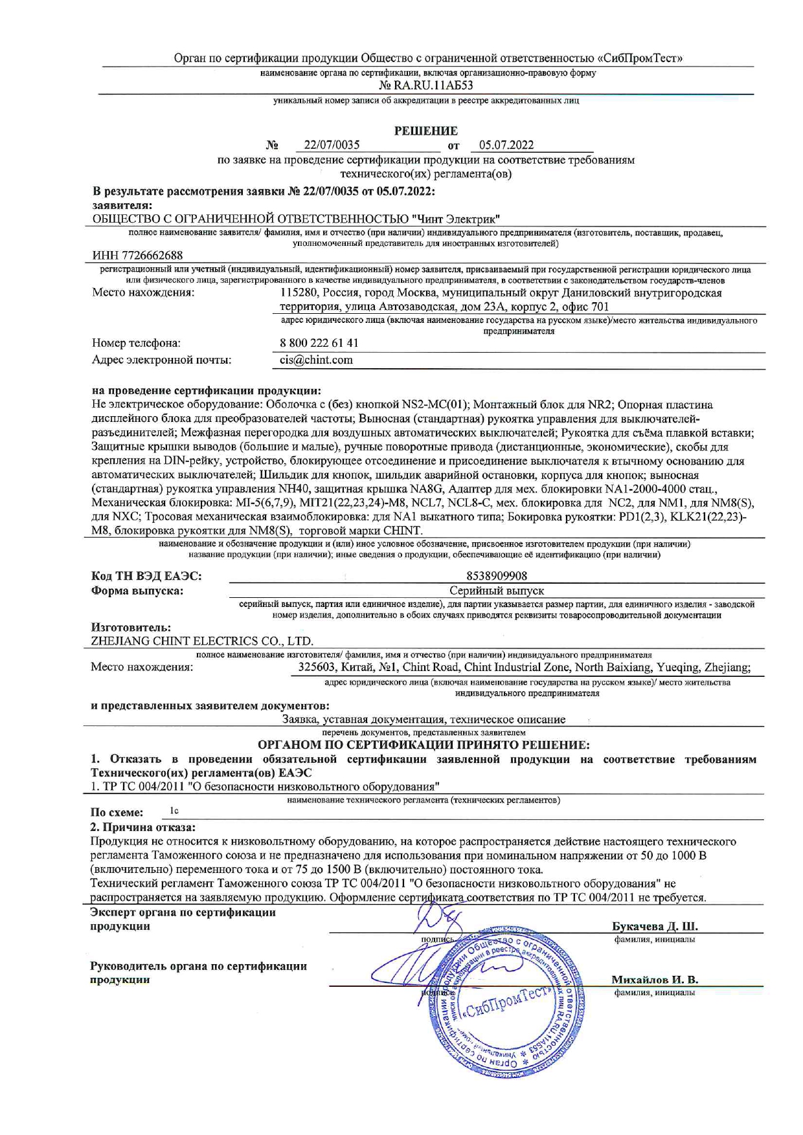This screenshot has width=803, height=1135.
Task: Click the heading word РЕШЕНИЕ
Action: pyautogui.click(x=425, y=131)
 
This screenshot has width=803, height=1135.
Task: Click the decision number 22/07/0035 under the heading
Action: pyautogui.click(x=332, y=145)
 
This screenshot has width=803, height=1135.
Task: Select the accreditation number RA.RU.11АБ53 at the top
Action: pyautogui.click(x=425, y=85)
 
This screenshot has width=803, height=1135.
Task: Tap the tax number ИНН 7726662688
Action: pyautogui.click(x=137, y=256)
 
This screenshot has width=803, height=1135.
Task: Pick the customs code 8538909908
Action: pyautogui.click(x=497, y=576)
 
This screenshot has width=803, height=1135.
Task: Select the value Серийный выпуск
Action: pyautogui.click(x=497, y=591)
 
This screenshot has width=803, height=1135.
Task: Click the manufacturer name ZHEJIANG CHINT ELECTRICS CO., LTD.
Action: pyautogui.click(x=203, y=641)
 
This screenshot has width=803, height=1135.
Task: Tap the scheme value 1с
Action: pyautogui.click(x=174, y=811)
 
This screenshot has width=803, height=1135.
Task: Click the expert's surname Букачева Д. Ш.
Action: pyautogui.click(x=655, y=926)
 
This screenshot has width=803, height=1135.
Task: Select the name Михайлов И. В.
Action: pyautogui.click(x=655, y=980)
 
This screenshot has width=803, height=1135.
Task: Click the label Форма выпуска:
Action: pyautogui.click(x=137, y=591)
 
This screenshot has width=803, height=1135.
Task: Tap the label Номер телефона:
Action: pyautogui.click(x=136, y=343)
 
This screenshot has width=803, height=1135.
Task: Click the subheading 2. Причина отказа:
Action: pyautogui.click(x=142, y=827)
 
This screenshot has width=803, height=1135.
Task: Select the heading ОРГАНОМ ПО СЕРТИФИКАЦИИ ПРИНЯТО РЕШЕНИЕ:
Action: pyautogui.click(x=424, y=745)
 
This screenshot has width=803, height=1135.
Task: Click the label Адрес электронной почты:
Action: pyautogui.click(x=161, y=360)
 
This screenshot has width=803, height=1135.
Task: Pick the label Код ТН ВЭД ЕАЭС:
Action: pyautogui.click(x=146, y=576)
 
